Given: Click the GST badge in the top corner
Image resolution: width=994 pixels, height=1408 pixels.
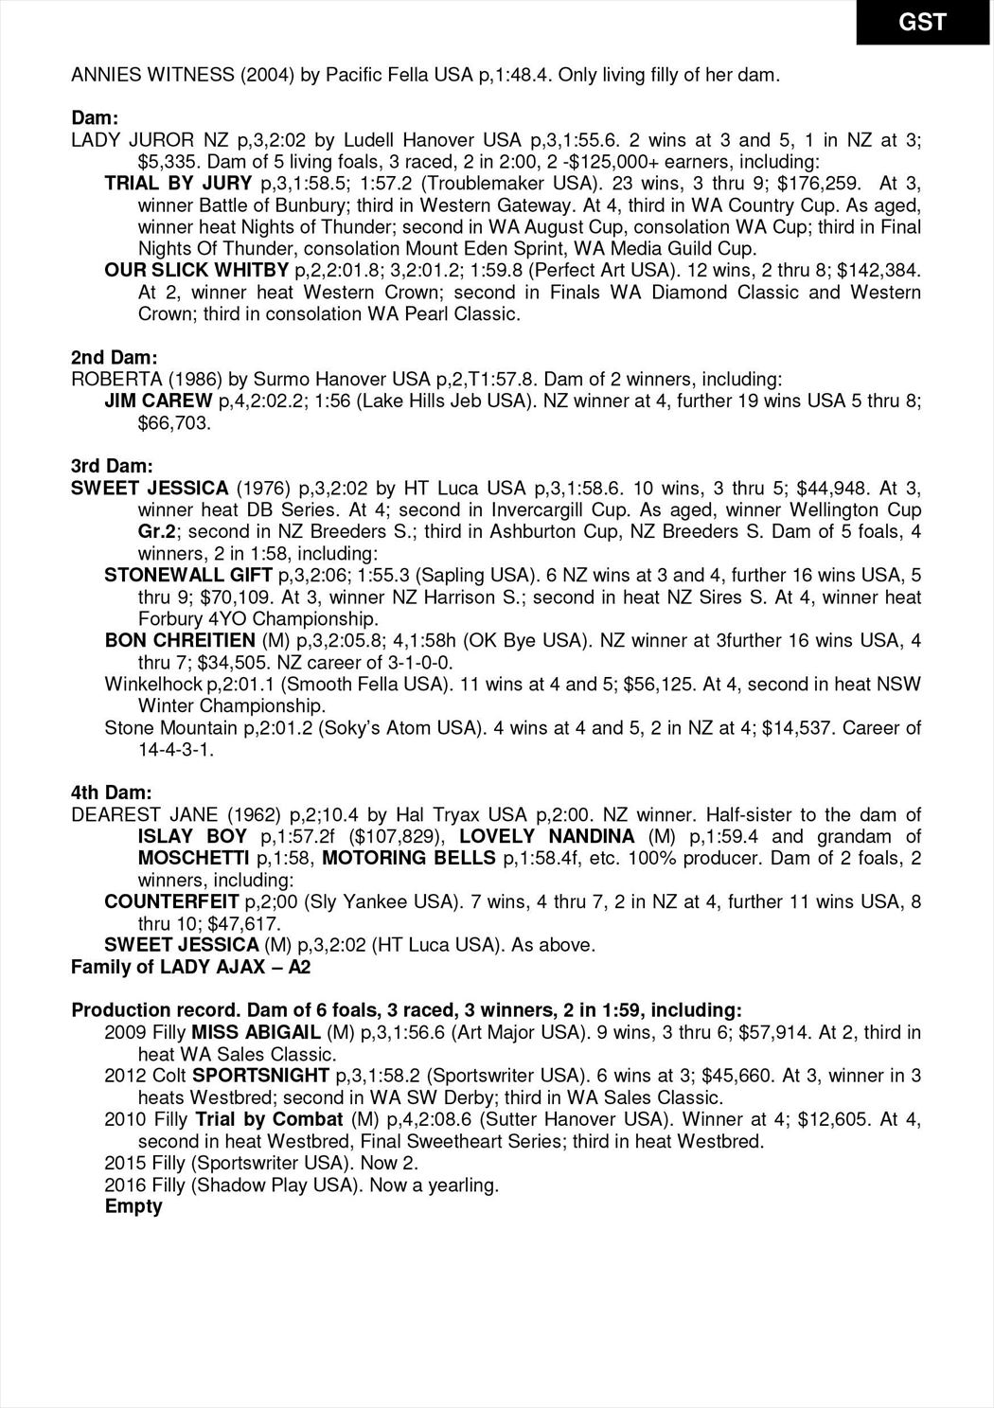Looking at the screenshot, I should point(924,22).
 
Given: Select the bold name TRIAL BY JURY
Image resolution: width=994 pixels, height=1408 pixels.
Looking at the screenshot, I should point(178,184).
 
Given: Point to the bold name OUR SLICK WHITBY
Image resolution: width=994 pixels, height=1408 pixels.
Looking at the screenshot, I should point(196,271).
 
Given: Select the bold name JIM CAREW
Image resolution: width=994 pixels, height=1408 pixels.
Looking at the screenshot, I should point(158,401).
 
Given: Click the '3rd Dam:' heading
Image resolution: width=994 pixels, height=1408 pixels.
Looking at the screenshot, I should point(112,467).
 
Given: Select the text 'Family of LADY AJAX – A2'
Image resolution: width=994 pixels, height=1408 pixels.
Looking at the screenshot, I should point(191,968).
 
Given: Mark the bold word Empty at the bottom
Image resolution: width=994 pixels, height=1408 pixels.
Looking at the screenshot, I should point(133,1207).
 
